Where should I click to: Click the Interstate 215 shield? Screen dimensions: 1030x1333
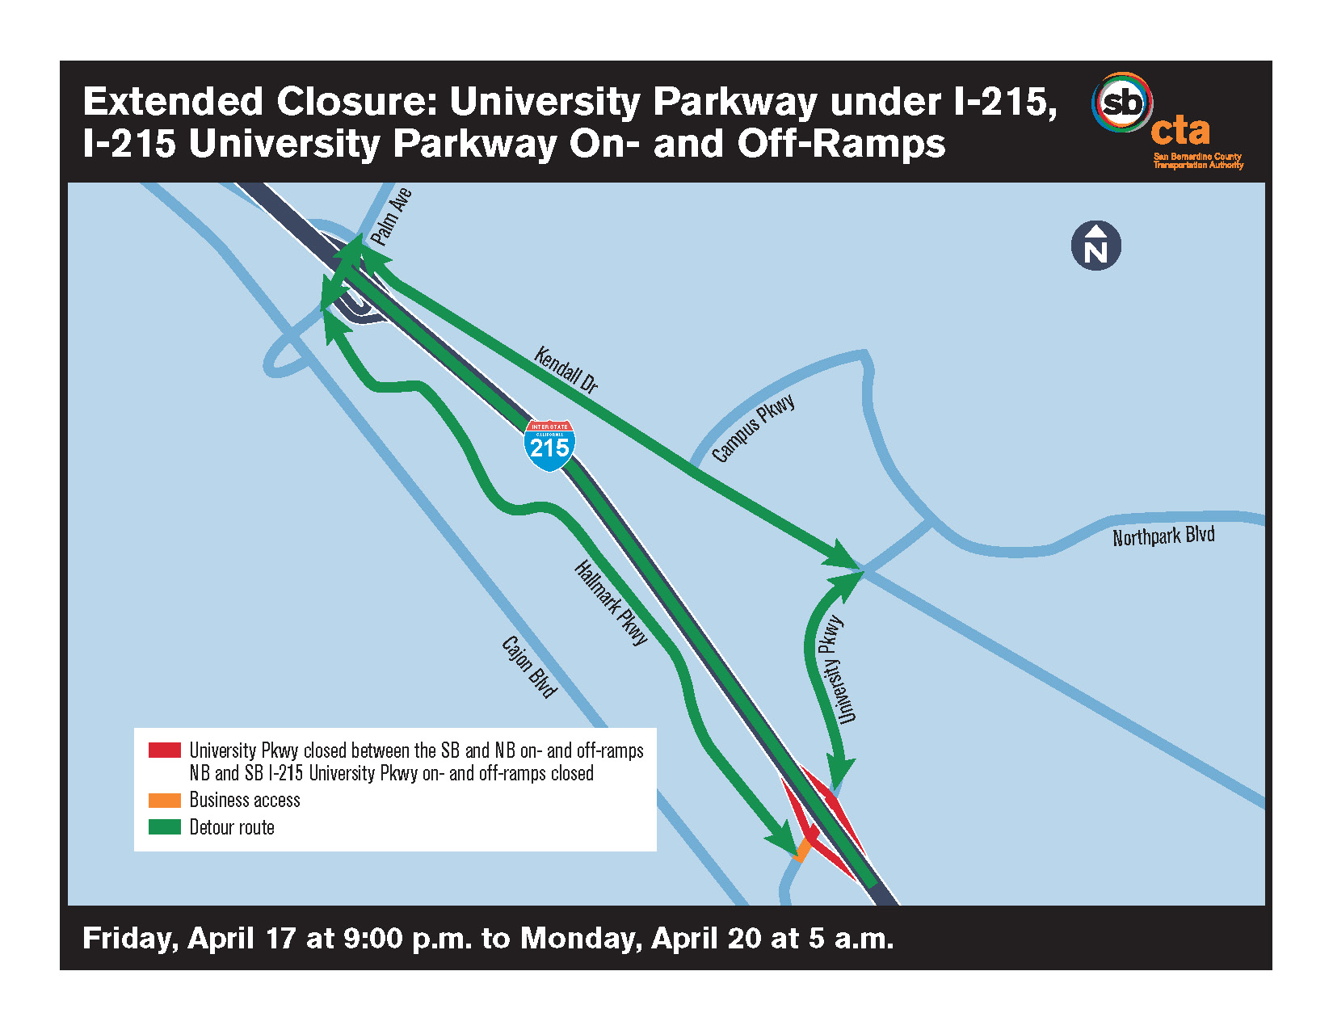pyautogui.click(x=549, y=444)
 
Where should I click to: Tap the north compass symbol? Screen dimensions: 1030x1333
pyautogui.click(x=1095, y=246)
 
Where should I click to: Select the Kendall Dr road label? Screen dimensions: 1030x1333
pyautogui.click(x=566, y=370)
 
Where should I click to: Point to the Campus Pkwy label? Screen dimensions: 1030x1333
pyautogui.click(x=753, y=428)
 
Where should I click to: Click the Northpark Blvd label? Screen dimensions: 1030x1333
pyautogui.click(x=1163, y=536)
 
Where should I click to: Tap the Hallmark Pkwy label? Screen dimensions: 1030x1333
pyautogui.click(x=611, y=603)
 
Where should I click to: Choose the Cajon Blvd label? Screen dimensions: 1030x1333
pyautogui.click(x=529, y=666)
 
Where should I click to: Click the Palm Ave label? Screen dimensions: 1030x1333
pyautogui.click(x=391, y=217)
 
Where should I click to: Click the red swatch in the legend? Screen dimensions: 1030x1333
pyautogui.click(x=164, y=750)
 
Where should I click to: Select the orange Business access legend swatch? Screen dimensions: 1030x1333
pyautogui.click(x=164, y=801)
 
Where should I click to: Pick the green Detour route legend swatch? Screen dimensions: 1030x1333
pyautogui.click(x=164, y=827)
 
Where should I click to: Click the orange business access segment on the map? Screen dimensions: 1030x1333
pyautogui.click(x=803, y=850)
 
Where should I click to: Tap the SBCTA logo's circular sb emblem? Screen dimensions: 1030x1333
pyautogui.click(x=1121, y=103)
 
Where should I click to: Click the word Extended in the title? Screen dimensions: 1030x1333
pyautogui.click(x=174, y=102)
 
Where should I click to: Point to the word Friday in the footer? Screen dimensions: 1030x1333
pyautogui.click(x=130, y=939)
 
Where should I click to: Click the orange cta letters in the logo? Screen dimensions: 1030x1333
pyautogui.click(x=1180, y=130)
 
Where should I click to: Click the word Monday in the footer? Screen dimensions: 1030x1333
pyautogui.click(x=582, y=939)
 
